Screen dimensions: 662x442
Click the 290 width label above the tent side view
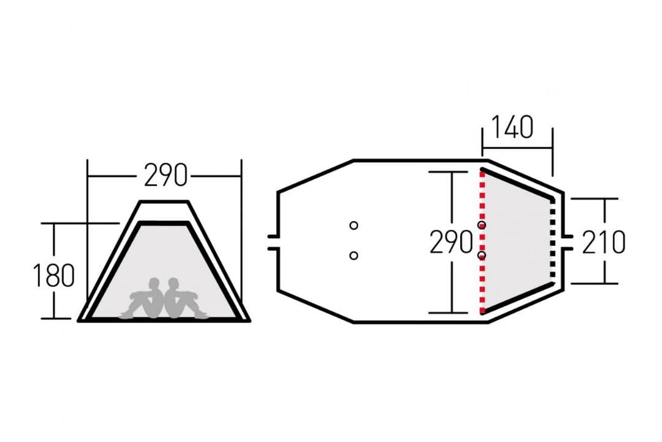(165, 175)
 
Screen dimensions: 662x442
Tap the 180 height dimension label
(53, 275)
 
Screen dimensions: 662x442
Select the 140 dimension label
(512, 127)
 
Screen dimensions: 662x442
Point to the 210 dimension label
(604, 242)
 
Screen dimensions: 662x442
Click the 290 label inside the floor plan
(451, 242)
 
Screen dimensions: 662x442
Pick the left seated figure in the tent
(143, 298)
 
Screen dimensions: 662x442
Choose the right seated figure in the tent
(186, 298)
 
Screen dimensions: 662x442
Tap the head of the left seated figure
(154, 284)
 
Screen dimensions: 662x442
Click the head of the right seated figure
(173, 284)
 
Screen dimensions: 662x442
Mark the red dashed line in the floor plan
(482, 242)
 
